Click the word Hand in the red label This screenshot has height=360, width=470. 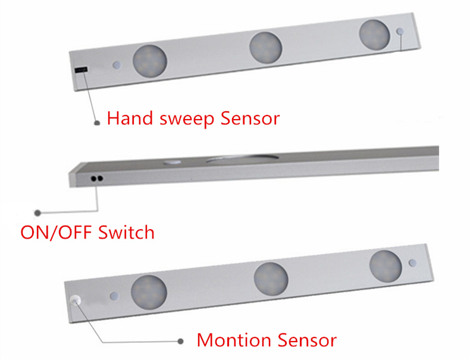130,118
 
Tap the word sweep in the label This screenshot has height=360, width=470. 187,120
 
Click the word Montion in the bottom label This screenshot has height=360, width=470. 234,340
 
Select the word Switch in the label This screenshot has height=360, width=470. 126,232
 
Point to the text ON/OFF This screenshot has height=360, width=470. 57,233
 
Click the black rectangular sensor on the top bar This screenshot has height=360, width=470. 82,70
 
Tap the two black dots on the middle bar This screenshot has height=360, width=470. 97,179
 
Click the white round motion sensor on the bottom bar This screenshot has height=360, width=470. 75,300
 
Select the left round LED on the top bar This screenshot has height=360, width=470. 149,61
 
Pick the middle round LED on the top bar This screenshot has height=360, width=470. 265,48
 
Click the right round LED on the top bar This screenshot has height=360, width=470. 375,35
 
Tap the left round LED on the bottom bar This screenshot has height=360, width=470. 149,292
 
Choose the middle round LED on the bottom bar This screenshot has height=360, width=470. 271,279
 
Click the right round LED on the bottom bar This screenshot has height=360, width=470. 386,266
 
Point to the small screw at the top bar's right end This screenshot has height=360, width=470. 400,31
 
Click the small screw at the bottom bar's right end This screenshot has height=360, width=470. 413,263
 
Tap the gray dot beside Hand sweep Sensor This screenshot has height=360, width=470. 97,123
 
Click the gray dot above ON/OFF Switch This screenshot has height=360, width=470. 37,213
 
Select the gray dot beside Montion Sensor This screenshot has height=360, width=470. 180,341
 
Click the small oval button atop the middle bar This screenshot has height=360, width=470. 172,162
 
